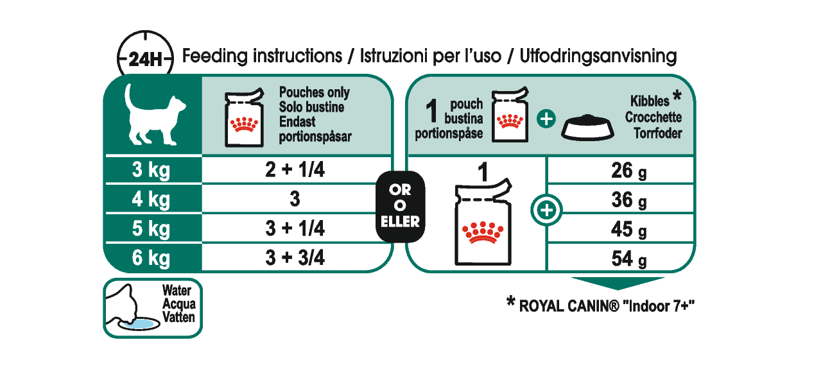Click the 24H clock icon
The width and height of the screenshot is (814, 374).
145,59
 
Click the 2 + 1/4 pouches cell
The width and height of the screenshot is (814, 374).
295,171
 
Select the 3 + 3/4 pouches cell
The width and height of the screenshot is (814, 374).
295,258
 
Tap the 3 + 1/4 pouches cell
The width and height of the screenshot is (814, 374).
295,229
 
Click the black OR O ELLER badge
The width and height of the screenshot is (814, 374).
400,207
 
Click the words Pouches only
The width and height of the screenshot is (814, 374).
315,94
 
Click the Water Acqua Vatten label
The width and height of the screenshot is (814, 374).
177,303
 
